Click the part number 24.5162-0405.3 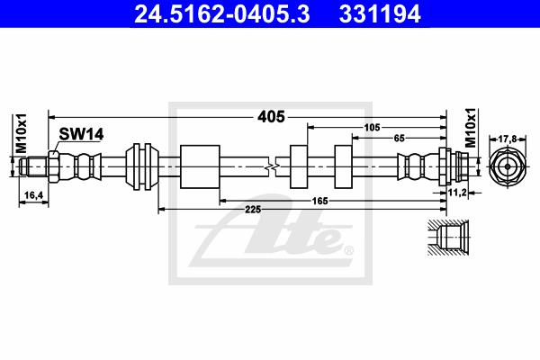(222, 13)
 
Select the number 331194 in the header (380, 13)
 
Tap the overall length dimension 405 (272, 117)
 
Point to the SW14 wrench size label (81, 134)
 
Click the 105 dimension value (373, 128)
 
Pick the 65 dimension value (399, 138)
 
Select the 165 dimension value (319, 201)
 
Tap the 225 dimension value (253, 209)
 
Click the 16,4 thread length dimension (34, 195)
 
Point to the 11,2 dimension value (457, 193)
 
